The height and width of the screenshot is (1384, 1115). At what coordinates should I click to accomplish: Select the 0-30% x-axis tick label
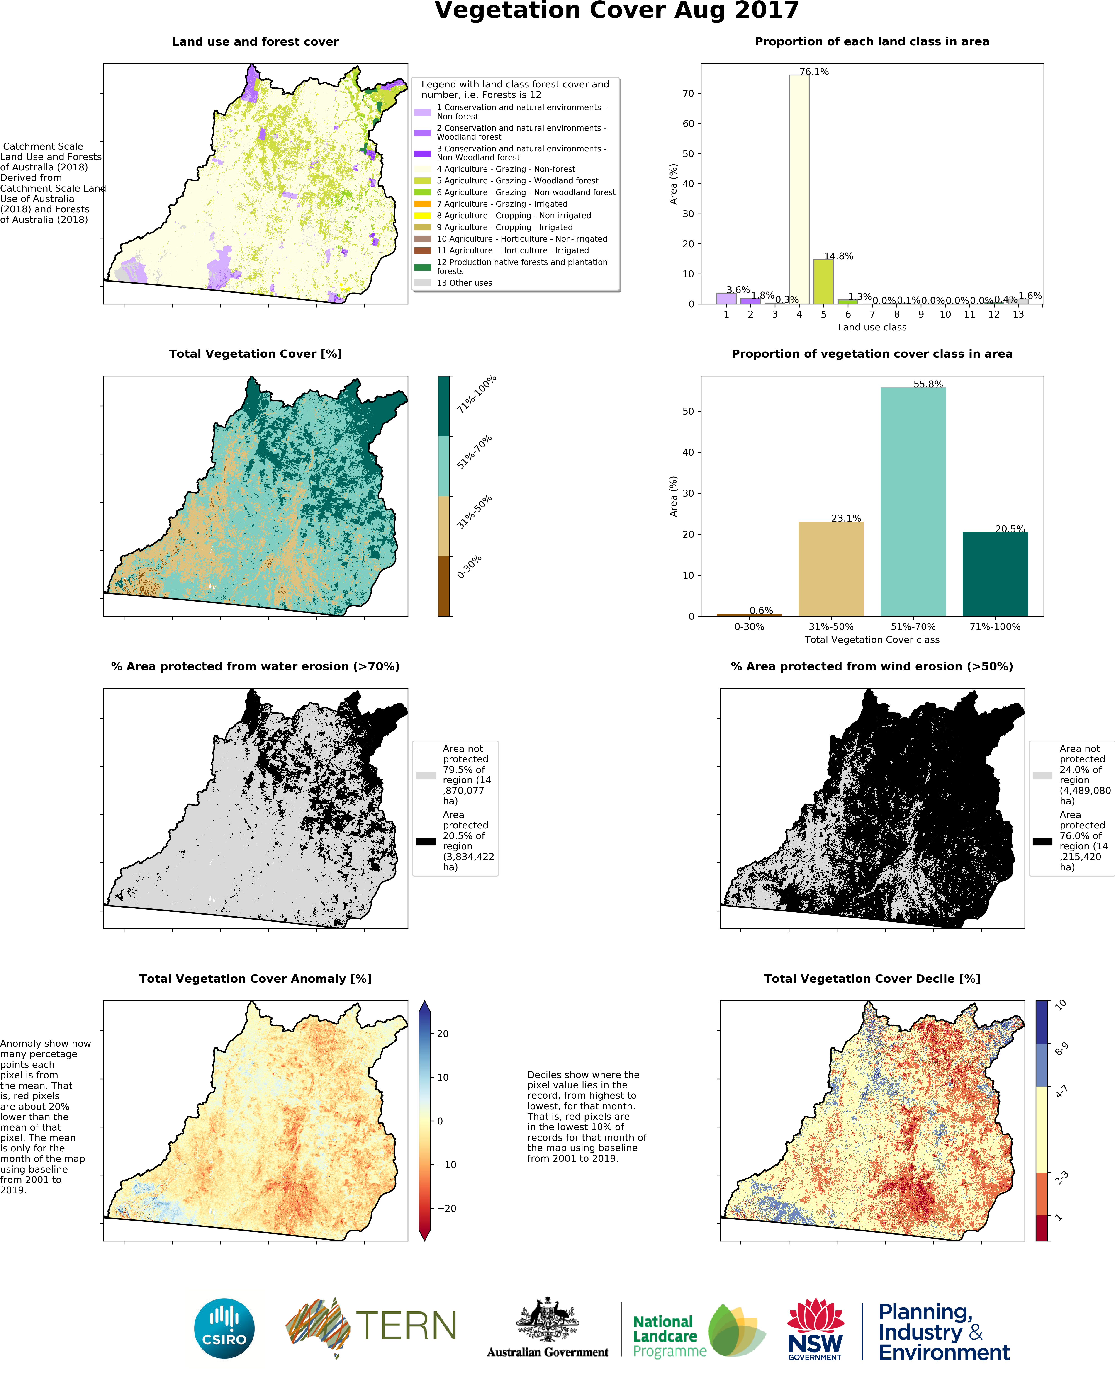pyautogui.click(x=749, y=627)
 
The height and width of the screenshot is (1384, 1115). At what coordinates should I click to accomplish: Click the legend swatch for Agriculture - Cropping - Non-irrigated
pyautogui.click(x=423, y=216)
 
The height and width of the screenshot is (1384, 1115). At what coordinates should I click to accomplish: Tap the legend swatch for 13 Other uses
pyautogui.click(x=423, y=283)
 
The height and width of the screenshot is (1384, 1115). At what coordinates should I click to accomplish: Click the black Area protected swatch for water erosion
pyautogui.click(x=425, y=841)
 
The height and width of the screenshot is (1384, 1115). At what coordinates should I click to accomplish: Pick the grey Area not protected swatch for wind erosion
pyautogui.click(x=1042, y=775)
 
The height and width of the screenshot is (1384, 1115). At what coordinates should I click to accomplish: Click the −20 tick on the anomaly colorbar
pyautogui.click(x=446, y=1208)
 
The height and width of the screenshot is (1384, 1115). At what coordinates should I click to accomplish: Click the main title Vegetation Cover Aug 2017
pyautogui.click(x=617, y=11)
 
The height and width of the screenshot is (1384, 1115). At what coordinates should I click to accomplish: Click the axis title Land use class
pyautogui.click(x=872, y=328)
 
